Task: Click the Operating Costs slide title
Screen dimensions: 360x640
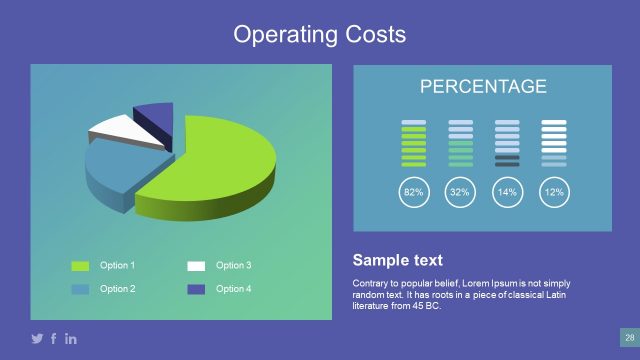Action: coord(320,35)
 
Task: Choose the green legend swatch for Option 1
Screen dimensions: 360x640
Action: coord(80,266)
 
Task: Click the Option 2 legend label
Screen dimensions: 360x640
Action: coord(117,289)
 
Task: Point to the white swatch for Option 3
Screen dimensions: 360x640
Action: coord(196,266)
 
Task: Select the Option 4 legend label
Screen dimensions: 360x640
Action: coord(233,289)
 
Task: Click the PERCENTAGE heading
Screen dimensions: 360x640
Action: coord(483,87)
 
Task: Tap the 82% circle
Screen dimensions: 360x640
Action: coord(413,191)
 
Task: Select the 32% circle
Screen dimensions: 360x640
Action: coord(460,191)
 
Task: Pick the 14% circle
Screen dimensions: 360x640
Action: coord(507,191)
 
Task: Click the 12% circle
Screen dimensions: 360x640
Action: coord(553,191)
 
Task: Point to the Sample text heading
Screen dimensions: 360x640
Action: coord(397,261)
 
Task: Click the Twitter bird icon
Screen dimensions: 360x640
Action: coord(38,339)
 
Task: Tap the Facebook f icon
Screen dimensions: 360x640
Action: coord(54,339)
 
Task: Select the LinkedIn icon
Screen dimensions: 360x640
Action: coord(71,339)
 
